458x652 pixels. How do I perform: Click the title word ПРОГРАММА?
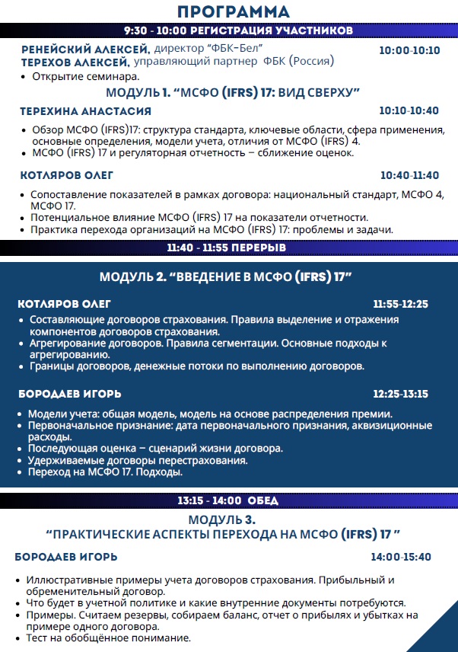click(233, 11)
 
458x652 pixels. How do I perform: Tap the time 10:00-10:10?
click(409, 50)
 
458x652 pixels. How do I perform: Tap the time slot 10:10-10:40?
click(409, 111)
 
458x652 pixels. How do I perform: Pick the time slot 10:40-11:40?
click(409, 174)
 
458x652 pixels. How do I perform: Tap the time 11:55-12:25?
click(400, 305)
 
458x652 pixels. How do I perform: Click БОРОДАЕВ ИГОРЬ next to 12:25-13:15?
click(69, 395)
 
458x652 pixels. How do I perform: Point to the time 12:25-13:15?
click(400, 395)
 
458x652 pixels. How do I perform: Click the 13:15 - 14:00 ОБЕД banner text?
click(227, 501)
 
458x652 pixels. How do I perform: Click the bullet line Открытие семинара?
click(84, 77)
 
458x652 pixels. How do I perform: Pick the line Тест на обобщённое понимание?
click(107, 638)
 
